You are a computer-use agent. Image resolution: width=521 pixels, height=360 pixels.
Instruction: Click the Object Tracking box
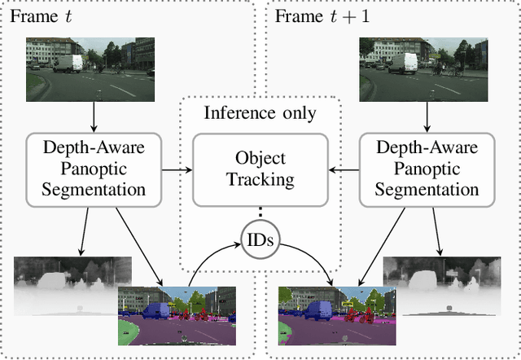[x=260, y=169]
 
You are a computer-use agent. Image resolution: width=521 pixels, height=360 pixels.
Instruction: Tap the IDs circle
[x=260, y=242]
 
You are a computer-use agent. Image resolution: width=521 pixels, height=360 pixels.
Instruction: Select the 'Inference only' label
[x=260, y=113]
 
